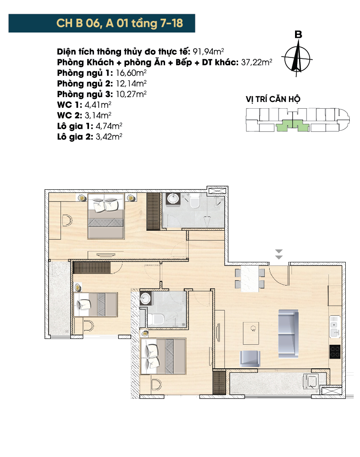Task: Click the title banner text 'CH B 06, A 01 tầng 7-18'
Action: click(120, 23)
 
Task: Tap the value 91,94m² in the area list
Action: click(208, 51)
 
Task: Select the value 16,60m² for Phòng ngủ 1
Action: click(131, 73)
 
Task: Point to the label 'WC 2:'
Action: click(69, 115)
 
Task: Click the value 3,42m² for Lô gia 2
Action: click(109, 136)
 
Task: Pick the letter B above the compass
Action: click(298, 34)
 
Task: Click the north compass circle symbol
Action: click(297, 59)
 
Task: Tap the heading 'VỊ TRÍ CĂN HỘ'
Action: click(273, 99)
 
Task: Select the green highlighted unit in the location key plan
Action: click(292, 126)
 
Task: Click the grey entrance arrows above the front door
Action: click(279, 254)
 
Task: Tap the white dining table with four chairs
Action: click(250, 278)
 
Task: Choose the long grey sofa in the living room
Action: click(288, 334)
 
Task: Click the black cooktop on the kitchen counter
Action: click(335, 351)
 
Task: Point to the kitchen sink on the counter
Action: click(335, 327)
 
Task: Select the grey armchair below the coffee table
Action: click(250, 359)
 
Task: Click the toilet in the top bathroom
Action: click(194, 201)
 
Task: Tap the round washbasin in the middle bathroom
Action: click(145, 298)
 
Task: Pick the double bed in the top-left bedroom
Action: click(106, 216)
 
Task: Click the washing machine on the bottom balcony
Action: click(310, 382)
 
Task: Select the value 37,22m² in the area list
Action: click(257, 62)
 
